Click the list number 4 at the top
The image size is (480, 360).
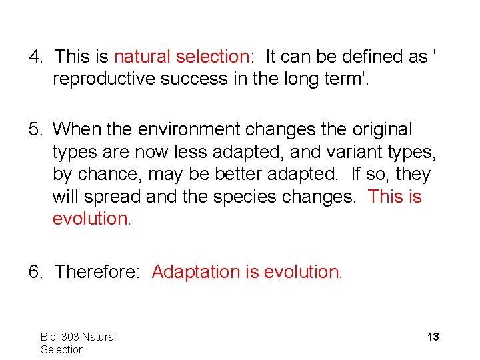coord(34,57)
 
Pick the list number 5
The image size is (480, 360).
coord(34,129)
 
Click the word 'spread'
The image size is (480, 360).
coord(114,197)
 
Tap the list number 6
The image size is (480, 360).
coord(34,272)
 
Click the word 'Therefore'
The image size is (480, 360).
coord(99,272)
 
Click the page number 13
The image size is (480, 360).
coord(433,337)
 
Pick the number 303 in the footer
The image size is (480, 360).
coord(70,337)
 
